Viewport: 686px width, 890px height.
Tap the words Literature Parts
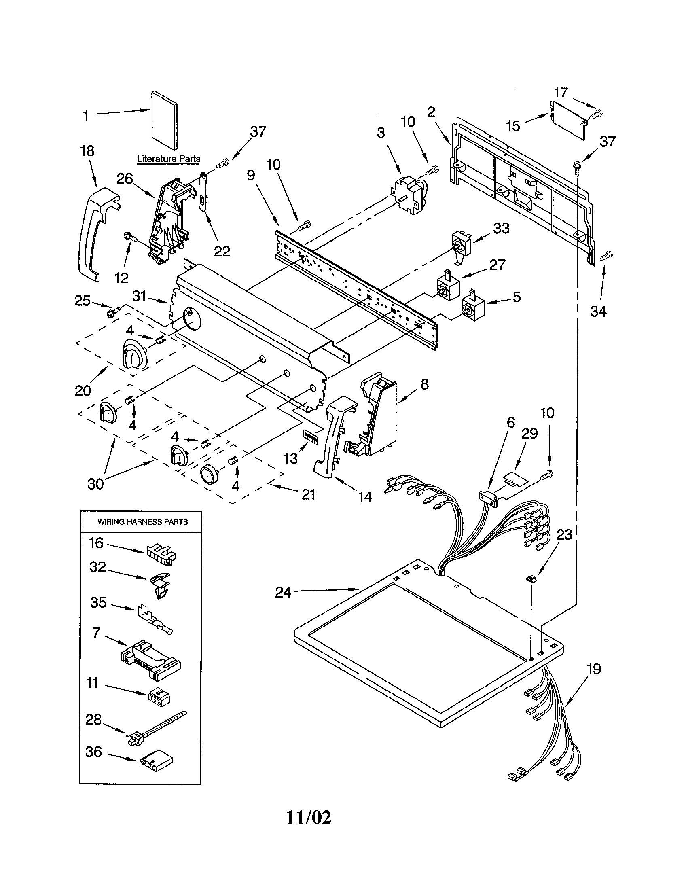pos(168,159)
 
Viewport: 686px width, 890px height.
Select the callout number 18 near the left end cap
pos(87,151)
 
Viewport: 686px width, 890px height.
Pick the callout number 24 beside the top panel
pos(283,592)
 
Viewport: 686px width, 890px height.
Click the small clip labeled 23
pos(531,578)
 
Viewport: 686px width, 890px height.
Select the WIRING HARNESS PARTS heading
pos(142,522)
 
